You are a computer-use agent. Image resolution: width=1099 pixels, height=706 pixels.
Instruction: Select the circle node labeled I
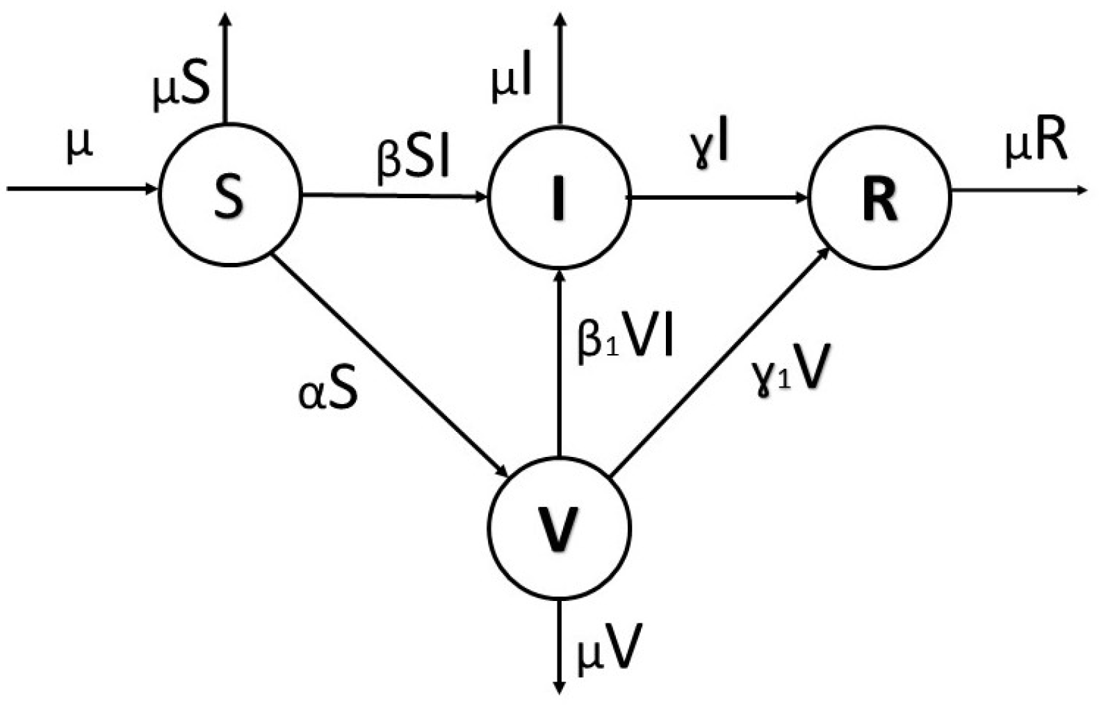click(558, 198)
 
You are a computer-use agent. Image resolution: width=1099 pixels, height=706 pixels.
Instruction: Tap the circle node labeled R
click(879, 198)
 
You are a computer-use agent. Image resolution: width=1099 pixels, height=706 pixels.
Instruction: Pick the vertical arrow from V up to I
click(558, 362)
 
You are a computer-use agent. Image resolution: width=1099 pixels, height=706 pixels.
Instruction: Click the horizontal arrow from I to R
click(716, 198)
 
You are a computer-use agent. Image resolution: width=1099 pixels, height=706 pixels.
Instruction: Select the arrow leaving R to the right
click(1015, 189)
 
